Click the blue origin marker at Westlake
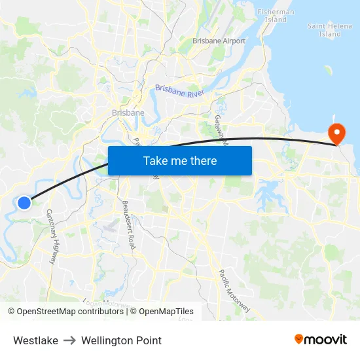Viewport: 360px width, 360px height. point(24,203)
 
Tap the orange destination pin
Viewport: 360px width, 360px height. point(337,134)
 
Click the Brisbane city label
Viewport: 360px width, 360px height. point(128,113)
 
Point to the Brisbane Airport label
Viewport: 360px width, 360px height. point(219,41)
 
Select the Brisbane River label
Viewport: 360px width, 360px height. point(180,91)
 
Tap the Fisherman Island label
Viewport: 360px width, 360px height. point(276,16)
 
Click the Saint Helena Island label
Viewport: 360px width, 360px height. point(325,29)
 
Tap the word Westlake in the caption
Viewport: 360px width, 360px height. point(35,340)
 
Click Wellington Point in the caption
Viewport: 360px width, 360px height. point(121,340)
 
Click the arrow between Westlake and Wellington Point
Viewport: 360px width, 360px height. point(69,340)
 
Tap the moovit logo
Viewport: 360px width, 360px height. point(321,339)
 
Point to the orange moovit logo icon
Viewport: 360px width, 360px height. point(299,339)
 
